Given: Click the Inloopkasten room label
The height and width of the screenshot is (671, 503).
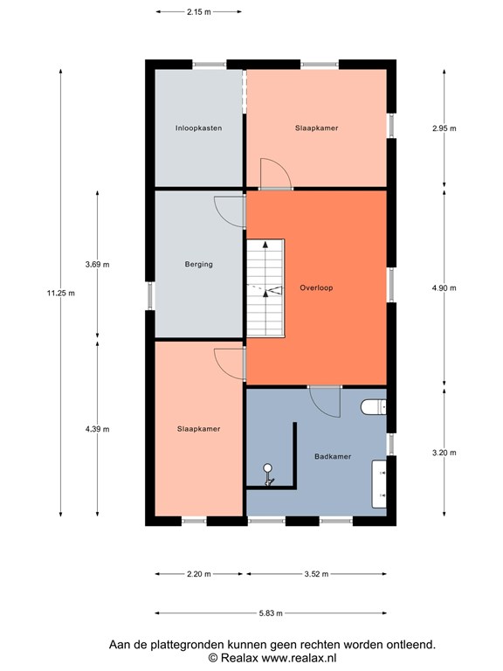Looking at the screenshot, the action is tap(198, 128).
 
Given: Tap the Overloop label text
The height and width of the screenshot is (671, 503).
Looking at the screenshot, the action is tap(316, 288).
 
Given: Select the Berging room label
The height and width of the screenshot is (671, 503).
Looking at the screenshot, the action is tap(198, 265).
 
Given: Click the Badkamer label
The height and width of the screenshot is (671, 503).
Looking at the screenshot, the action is tap(333, 457).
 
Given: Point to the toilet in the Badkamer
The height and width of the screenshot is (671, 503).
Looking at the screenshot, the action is tap(374, 407).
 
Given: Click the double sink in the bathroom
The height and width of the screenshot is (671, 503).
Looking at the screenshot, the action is tap(379, 484).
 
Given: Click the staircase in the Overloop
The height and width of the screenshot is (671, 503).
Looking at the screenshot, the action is tap(265, 288).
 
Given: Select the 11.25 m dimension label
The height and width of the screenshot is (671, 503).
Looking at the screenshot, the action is tap(61, 294).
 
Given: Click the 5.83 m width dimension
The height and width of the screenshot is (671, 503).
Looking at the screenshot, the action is tap(271, 613).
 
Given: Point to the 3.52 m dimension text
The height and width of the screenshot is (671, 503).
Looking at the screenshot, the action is tap(316, 574).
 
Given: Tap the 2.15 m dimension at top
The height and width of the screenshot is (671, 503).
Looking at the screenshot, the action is tap(199, 12).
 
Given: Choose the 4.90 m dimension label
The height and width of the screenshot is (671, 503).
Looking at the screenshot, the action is tap(444, 288).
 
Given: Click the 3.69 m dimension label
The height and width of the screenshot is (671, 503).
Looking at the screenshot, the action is tap(97, 265).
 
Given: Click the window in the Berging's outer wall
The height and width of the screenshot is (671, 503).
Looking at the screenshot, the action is tap(149, 295).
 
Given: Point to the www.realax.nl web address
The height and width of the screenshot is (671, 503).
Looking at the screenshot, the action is tap(299, 658).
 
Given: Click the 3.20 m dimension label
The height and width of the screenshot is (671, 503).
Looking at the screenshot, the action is tap(444, 453).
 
